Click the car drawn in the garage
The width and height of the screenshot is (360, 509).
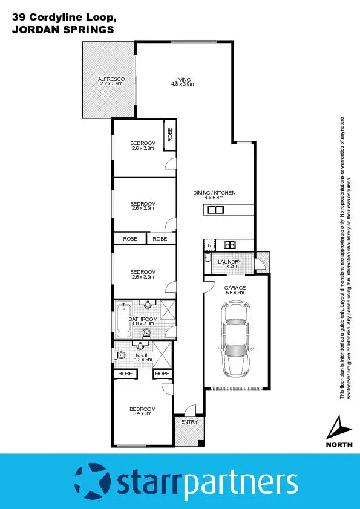236,339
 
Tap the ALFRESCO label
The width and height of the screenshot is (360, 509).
111,80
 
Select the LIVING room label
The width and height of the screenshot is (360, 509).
182,80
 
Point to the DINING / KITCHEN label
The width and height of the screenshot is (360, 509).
214,193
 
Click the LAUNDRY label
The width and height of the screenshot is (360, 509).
229,261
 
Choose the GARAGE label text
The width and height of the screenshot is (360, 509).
235,287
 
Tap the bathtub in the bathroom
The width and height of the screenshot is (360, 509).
123,320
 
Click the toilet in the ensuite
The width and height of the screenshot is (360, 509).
120,355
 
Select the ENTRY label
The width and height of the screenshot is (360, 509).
189,422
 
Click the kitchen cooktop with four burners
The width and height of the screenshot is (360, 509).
230,244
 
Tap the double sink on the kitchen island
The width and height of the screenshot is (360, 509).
215,210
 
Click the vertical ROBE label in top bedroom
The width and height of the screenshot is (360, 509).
170,135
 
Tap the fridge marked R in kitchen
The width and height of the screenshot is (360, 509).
209,245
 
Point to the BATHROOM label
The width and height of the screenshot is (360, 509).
143,319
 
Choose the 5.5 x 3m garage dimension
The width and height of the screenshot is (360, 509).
235,293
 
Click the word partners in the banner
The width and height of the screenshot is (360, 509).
241,484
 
